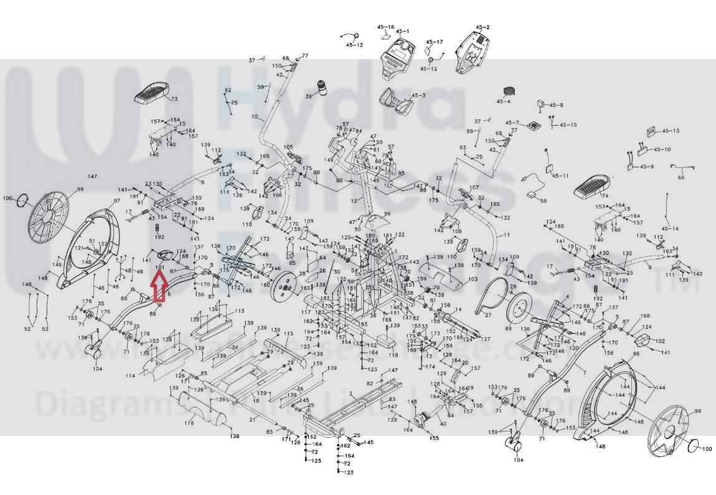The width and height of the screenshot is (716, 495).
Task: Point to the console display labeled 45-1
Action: [398, 59]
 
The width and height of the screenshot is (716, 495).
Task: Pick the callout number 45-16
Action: [385, 27]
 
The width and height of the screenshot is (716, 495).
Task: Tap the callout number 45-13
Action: [671, 131]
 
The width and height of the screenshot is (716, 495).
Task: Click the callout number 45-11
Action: [560, 176]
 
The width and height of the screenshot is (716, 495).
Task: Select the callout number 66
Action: [681, 177]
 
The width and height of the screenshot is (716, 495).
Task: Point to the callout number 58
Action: [543, 200]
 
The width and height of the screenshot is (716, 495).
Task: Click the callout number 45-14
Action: [670, 229]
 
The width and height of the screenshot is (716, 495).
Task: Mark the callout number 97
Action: [116, 200]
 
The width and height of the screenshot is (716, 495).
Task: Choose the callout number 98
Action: [636, 354]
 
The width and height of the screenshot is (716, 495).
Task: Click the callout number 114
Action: [130, 376]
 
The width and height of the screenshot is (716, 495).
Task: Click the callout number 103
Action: [473, 280]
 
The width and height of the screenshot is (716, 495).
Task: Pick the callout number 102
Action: [660, 341]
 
